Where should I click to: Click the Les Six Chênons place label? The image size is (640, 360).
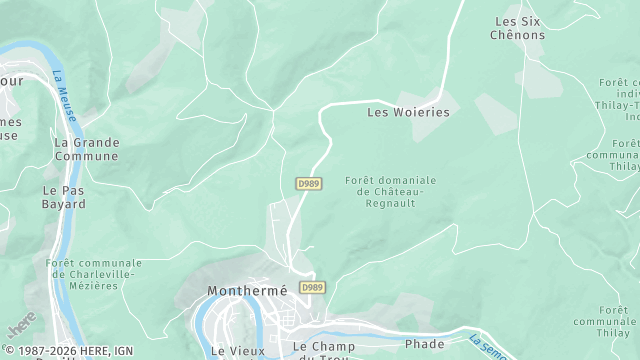click(520, 28)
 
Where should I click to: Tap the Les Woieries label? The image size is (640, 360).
click(408, 113)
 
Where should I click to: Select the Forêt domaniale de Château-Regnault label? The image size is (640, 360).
click(390, 191)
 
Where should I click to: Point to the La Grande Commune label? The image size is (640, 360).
click(86, 149)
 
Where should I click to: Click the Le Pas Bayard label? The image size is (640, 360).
click(64, 196)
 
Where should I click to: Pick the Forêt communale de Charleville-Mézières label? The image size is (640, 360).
click(94, 274)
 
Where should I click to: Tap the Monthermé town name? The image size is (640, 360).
click(246, 291)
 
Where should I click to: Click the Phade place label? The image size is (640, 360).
click(425, 344)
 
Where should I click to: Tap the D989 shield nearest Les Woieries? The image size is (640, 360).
click(308, 184)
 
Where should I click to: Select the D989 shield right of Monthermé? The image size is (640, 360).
click(313, 288)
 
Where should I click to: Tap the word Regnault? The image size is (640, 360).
click(390, 203)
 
